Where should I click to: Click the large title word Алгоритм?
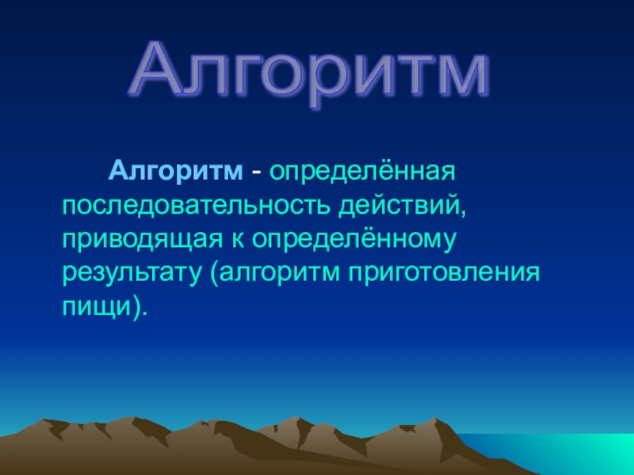point(310,73)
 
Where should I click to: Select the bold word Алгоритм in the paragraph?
point(176,171)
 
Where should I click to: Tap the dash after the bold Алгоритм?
point(256,173)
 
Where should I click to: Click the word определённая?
point(363,171)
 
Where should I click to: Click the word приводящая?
point(143,241)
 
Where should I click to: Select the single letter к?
point(238,240)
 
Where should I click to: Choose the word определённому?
point(353,239)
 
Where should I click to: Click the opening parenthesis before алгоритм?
point(214,274)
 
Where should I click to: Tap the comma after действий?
point(464,211)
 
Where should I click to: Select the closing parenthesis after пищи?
point(136,308)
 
